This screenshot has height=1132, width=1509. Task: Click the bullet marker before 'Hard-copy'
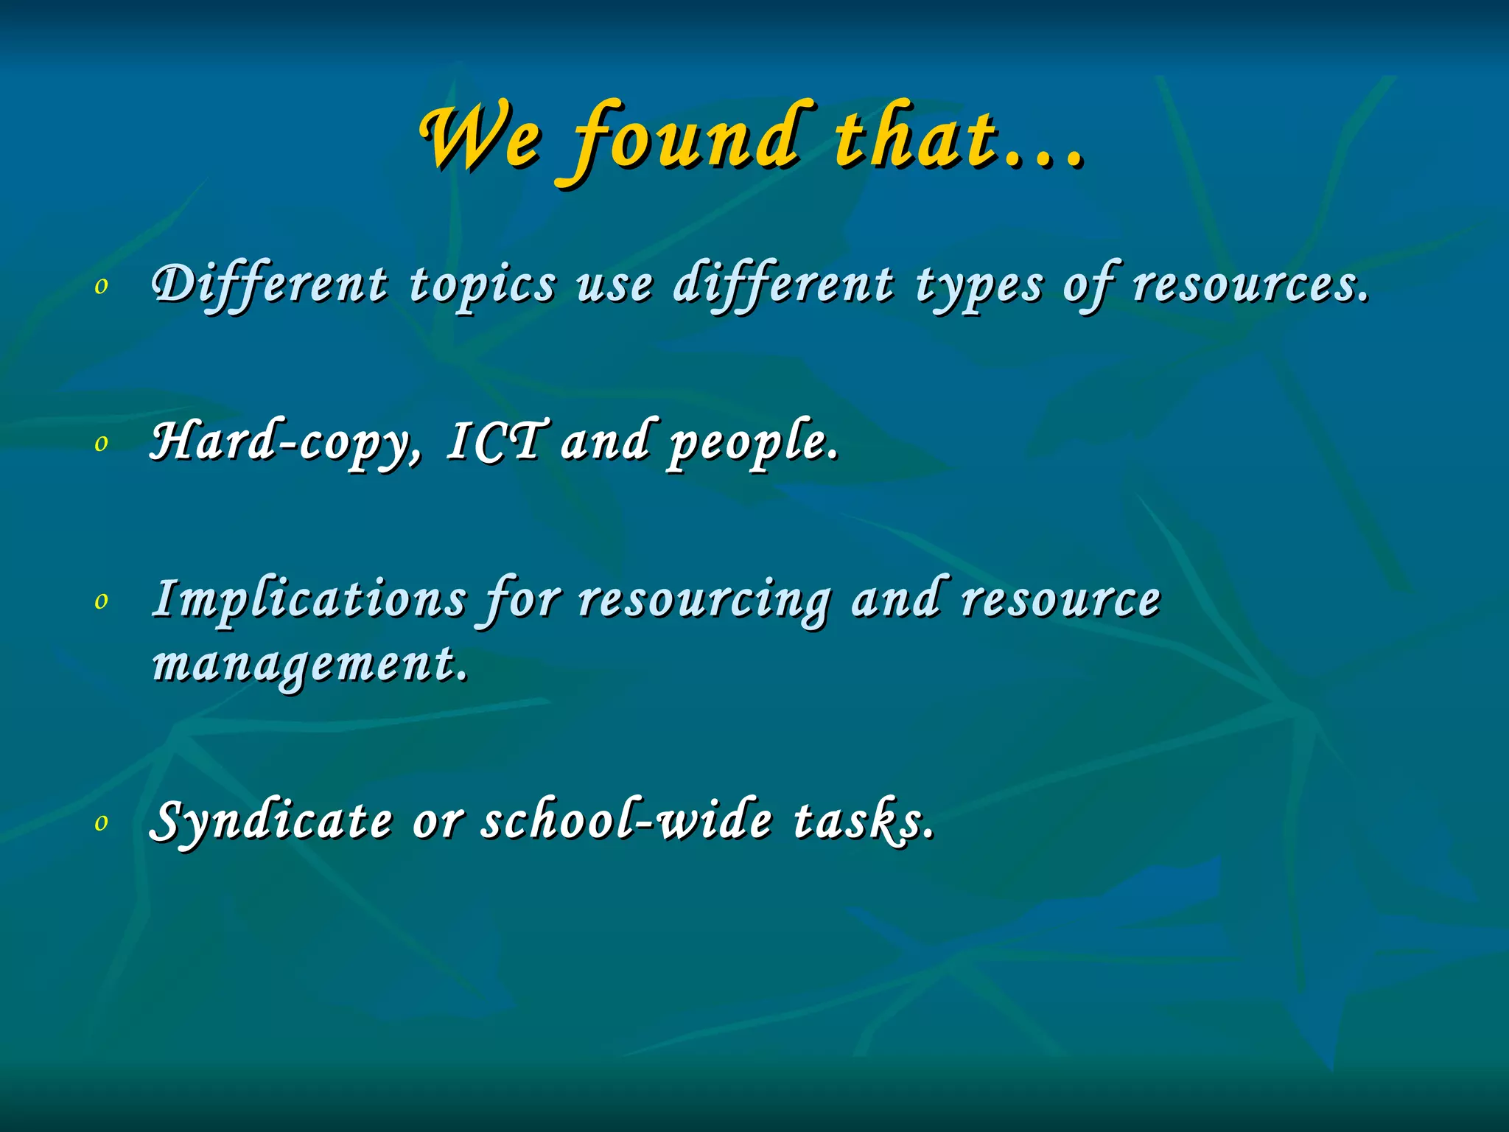pyautogui.click(x=102, y=443)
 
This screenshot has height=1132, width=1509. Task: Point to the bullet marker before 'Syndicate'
pyautogui.click(x=102, y=822)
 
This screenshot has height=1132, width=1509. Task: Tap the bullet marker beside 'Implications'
pyautogui.click(x=102, y=601)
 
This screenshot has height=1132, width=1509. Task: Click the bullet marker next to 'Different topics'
pyautogui.click(x=102, y=286)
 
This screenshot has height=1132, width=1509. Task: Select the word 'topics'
pyautogui.click(x=483, y=286)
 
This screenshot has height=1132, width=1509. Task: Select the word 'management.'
pyautogui.click(x=309, y=664)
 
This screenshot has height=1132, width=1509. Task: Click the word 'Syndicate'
pyautogui.click(x=271, y=821)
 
